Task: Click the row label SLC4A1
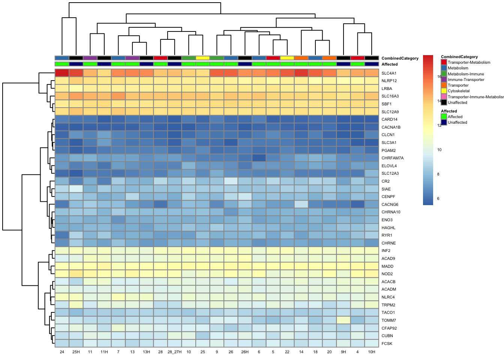tap(389, 73)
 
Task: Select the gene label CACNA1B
tap(391, 127)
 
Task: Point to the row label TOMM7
tap(389, 320)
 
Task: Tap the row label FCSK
tap(387, 343)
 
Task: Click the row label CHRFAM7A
tap(392, 158)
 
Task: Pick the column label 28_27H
tap(174, 352)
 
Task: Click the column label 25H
tap(76, 352)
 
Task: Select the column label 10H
tap(372, 352)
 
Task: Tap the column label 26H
tap(245, 352)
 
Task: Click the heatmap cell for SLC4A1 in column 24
tap(62, 73)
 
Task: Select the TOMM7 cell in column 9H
tap(343, 320)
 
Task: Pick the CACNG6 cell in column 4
tap(357, 204)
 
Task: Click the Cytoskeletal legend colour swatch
tap(444, 91)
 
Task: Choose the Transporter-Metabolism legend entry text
tap(469, 63)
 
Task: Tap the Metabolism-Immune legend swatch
tap(444, 74)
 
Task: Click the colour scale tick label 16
tap(439, 76)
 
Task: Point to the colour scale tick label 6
tap(438, 198)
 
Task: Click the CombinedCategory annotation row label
tap(400, 58)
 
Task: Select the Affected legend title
tap(449, 111)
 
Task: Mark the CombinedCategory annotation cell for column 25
tap(203, 58)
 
